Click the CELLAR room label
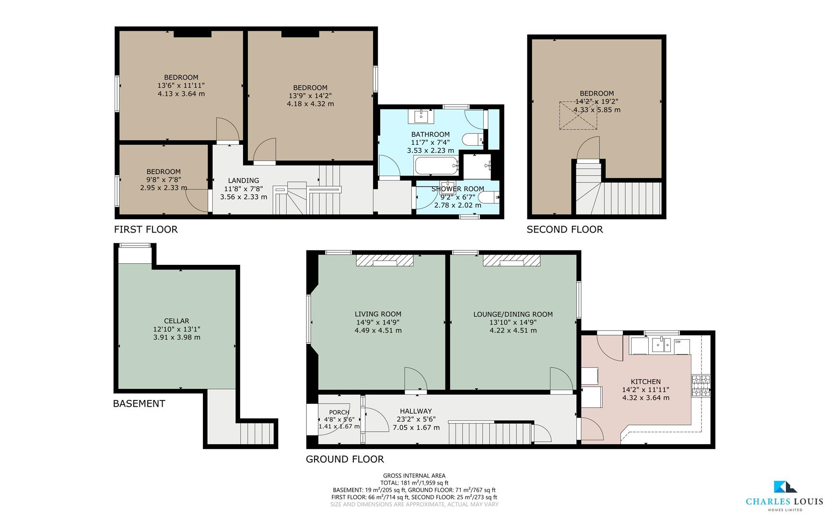pyautogui.click(x=176, y=321)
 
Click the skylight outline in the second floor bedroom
pyautogui.click(x=579, y=115)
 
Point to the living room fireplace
pyautogui.click(x=385, y=260)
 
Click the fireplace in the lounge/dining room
pyautogui.click(x=512, y=260)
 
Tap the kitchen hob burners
pyautogui.click(x=701, y=386)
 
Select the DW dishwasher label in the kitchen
pyautogui.click(x=678, y=341)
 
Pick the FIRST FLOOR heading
pyautogui.click(x=146, y=229)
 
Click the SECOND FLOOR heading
pyautogui.click(x=564, y=229)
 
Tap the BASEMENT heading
pyautogui.click(x=139, y=403)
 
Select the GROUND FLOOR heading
pyautogui.click(x=345, y=459)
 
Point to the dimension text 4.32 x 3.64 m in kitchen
pyautogui.click(x=645, y=398)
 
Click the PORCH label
pyautogui.click(x=339, y=412)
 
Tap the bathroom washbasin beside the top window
pyautogui.click(x=421, y=116)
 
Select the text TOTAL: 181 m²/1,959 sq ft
pyautogui.click(x=414, y=483)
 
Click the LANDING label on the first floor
pyautogui.click(x=244, y=180)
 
